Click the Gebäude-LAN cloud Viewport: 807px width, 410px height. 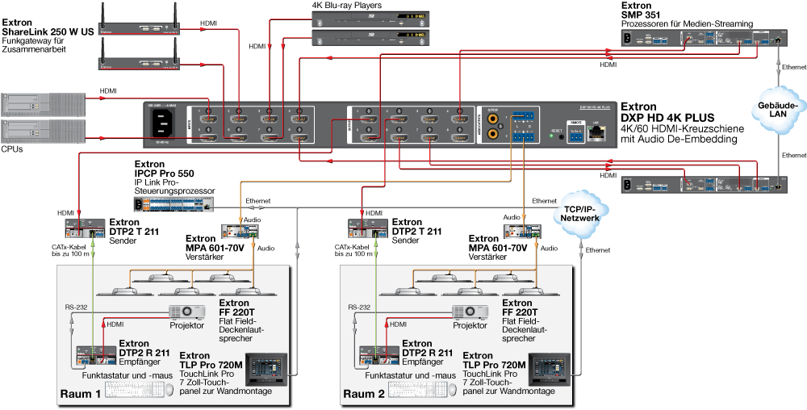(779, 110)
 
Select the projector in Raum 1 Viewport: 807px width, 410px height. (186, 312)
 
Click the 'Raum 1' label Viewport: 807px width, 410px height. (80, 395)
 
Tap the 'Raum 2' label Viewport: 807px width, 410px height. (365, 395)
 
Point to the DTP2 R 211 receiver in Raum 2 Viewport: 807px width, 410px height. (377, 356)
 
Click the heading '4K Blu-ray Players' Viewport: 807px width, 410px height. (347, 6)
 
